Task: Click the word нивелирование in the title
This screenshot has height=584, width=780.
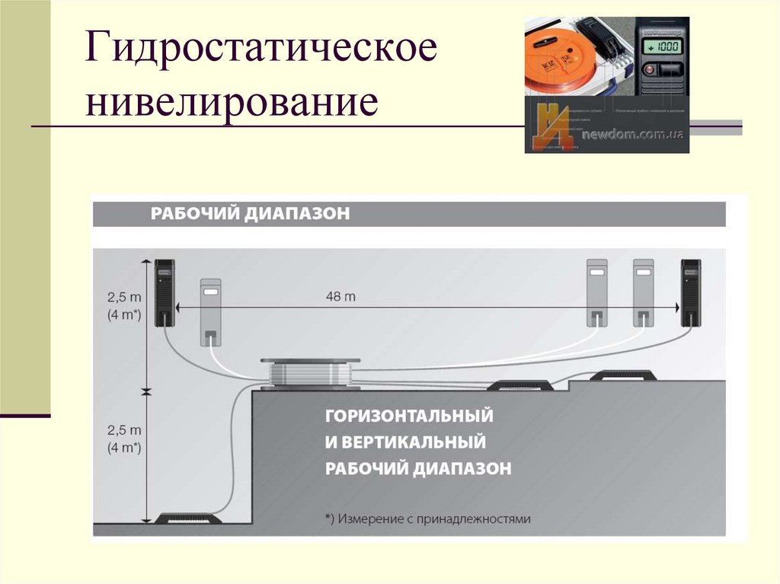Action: click(x=232, y=102)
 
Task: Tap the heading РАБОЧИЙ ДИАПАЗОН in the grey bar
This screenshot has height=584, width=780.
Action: click(x=250, y=213)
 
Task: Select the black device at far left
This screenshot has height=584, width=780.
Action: click(x=165, y=292)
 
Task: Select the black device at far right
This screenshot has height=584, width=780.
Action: click(x=691, y=292)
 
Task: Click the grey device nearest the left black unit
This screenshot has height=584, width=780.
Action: click(x=210, y=311)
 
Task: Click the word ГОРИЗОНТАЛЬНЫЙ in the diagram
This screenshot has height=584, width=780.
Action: click(x=410, y=416)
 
